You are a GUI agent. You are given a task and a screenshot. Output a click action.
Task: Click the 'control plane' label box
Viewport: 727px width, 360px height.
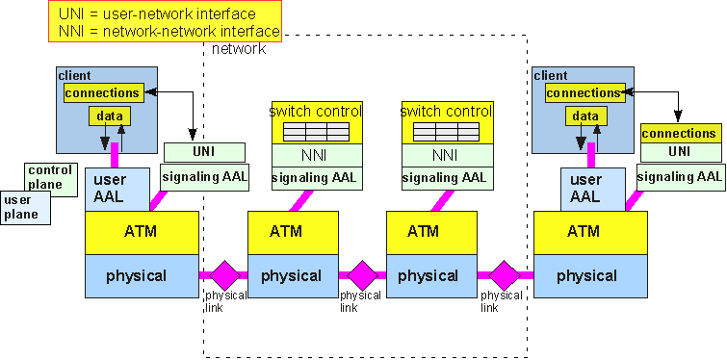click(x=50, y=178)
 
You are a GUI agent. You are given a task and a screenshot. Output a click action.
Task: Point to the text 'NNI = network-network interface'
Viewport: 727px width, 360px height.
click(x=165, y=32)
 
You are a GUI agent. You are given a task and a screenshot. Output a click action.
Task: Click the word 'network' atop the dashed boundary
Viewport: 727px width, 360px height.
click(x=238, y=49)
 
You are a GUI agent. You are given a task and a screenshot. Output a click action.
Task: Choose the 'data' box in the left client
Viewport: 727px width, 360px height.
click(x=110, y=116)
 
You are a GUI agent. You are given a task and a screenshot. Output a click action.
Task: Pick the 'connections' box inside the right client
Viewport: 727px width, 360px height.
click(x=584, y=93)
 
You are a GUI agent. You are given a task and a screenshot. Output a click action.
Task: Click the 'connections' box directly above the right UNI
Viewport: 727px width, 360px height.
click(x=679, y=133)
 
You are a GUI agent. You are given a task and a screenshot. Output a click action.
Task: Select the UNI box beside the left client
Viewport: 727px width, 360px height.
click(x=203, y=152)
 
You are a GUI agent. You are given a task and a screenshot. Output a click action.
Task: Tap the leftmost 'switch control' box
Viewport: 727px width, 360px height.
click(x=316, y=123)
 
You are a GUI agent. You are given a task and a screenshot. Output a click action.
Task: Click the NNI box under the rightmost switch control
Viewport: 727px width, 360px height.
click(x=445, y=156)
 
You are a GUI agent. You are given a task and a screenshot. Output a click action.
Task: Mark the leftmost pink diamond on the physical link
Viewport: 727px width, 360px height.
click(x=224, y=275)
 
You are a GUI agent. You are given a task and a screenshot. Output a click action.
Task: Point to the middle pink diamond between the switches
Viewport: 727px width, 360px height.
click(x=362, y=275)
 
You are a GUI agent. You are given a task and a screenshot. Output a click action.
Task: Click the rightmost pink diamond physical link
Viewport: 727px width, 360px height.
click(x=503, y=275)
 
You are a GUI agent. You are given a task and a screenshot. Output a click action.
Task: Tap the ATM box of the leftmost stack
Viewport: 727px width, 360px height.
click(x=142, y=232)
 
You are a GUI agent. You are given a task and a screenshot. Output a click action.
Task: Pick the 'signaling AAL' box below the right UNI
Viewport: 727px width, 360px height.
click(x=679, y=175)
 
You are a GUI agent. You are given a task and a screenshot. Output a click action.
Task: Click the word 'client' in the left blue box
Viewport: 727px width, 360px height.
click(x=75, y=74)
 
